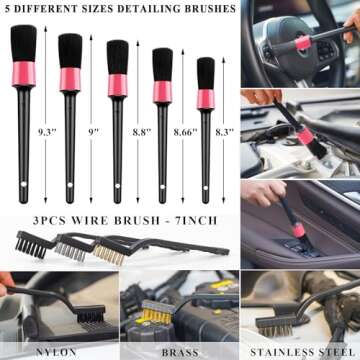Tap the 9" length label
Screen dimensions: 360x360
(x=92, y=131)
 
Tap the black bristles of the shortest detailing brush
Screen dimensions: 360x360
(x=205, y=72)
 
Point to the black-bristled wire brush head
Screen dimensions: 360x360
(x=30, y=244)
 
